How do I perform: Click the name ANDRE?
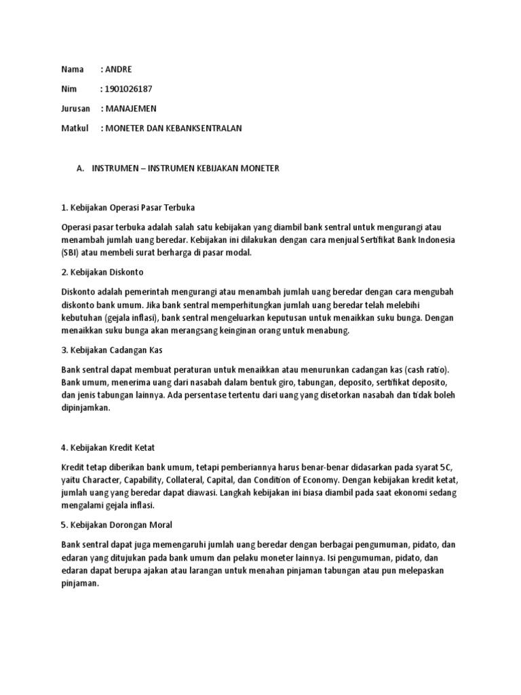(x=119, y=69)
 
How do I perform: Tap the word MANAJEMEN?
(x=131, y=109)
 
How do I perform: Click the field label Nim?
(x=68, y=89)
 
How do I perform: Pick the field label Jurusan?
(x=75, y=109)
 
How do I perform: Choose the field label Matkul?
(x=74, y=128)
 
